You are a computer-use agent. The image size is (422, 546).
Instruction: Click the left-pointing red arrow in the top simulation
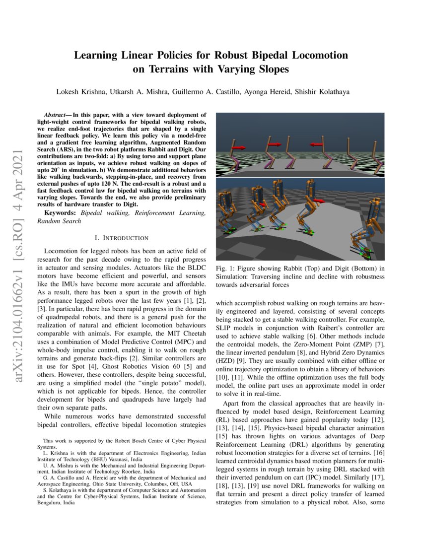click(318, 144)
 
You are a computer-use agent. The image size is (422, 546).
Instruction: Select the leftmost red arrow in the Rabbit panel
click(240, 147)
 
